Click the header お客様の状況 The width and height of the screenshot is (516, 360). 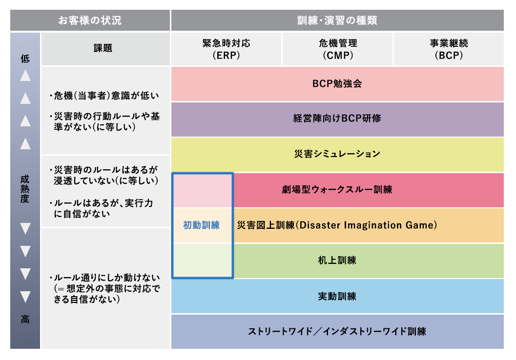coord(90,20)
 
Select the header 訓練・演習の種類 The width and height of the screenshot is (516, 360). coord(337,20)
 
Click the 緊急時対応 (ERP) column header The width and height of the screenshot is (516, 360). coord(226,49)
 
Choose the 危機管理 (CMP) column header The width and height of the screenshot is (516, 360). coord(338,49)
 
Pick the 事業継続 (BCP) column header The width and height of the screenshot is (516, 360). coord(448,49)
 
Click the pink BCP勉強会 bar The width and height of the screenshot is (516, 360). coord(337,83)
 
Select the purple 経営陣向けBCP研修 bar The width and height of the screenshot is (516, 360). coord(337,119)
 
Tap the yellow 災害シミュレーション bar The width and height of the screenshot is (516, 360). coord(337,154)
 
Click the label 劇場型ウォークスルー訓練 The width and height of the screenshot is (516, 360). coord(337,190)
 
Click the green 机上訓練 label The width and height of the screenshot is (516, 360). coord(337,260)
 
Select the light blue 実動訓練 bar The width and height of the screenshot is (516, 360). coord(337,296)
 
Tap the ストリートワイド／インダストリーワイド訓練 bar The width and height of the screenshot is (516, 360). coord(337,331)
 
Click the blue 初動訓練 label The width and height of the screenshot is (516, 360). coord(202,225)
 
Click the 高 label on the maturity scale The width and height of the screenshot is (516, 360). coord(25,320)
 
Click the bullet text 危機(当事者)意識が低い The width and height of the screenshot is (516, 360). coord(104,95)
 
